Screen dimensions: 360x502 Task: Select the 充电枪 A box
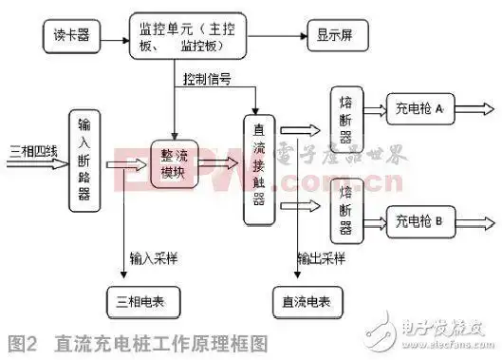pos(421,110)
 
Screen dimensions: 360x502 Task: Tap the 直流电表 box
pos(306,301)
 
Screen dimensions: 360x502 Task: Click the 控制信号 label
pos(209,78)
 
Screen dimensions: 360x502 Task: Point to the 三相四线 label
pos(32,151)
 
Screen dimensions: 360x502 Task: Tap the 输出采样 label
pos(321,257)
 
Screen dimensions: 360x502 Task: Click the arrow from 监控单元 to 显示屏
pos(276,38)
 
